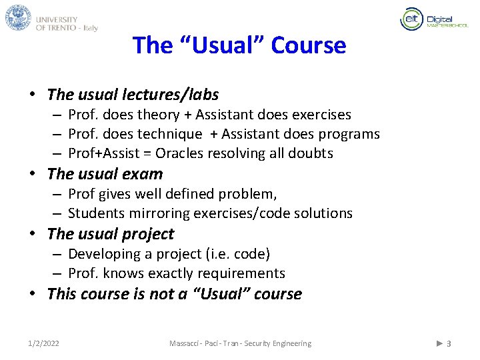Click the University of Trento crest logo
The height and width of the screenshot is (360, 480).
coord(18,17)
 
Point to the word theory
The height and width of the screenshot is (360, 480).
coord(157,115)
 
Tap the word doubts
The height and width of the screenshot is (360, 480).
coord(311,153)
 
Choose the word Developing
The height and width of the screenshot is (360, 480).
coord(101,254)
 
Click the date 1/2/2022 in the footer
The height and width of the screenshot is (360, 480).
coord(43,343)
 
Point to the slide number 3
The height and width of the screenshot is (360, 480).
coord(449,343)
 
